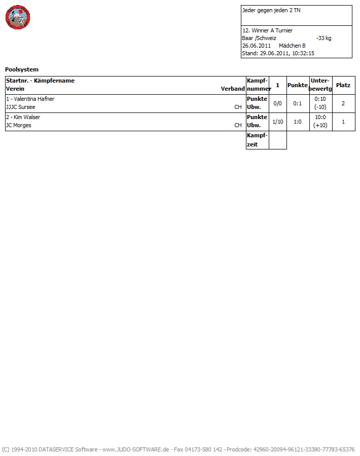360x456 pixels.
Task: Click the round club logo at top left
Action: tap(18, 18)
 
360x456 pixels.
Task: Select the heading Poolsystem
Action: tap(22, 69)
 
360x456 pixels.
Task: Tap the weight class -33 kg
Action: tap(323, 38)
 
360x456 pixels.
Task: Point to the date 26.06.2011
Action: tap(257, 46)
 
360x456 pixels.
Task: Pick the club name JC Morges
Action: tap(18, 125)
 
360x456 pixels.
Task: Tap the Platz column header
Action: tap(343, 85)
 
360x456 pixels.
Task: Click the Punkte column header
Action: tap(298, 85)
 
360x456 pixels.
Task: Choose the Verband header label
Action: tap(233, 89)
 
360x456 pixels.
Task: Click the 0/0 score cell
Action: tap(277, 103)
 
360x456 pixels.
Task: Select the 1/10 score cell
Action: tap(277, 122)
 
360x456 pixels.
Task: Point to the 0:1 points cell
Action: tap(298, 103)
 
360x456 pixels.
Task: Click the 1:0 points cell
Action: tap(298, 122)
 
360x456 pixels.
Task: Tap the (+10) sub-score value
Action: tap(320, 126)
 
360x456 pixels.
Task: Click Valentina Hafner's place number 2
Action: tap(343, 103)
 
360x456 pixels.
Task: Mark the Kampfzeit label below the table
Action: tap(257, 140)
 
